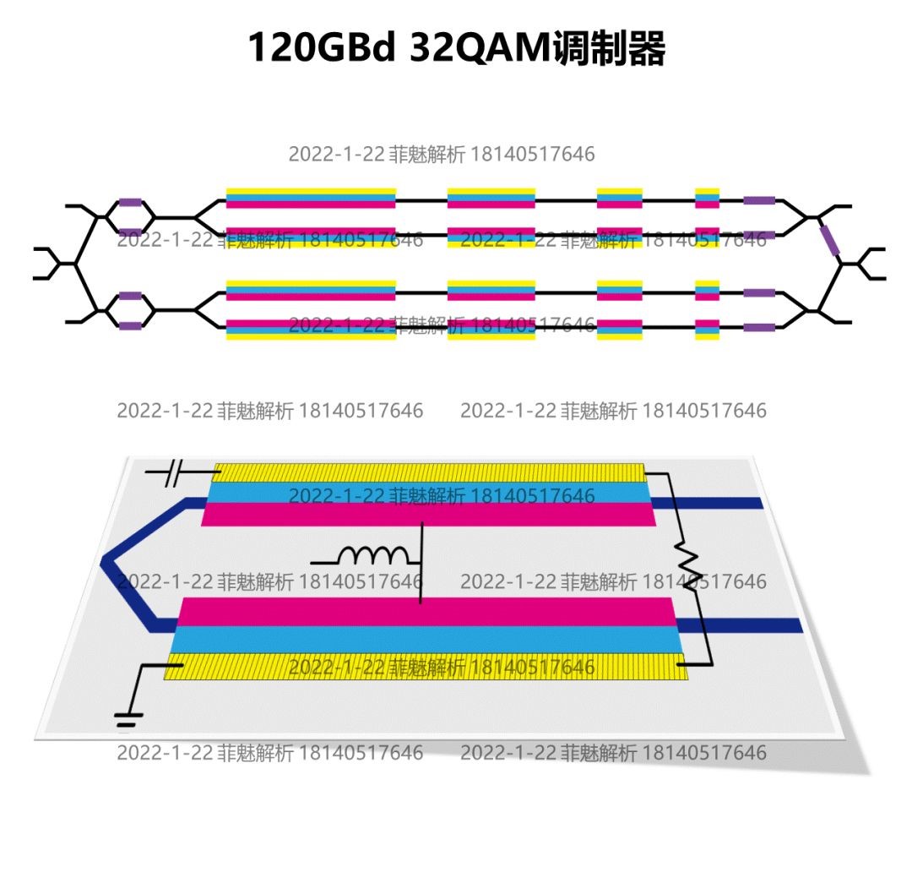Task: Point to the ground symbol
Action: [128, 719]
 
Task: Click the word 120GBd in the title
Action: [321, 49]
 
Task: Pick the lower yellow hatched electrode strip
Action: [426, 667]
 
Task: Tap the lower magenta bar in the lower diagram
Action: [426, 612]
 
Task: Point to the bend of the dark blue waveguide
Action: [107, 562]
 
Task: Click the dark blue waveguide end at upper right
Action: [743, 503]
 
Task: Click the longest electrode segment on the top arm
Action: [311, 198]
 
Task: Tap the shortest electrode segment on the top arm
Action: [707, 198]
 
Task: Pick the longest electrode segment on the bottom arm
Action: [311, 330]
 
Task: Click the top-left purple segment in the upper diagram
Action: [130, 203]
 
